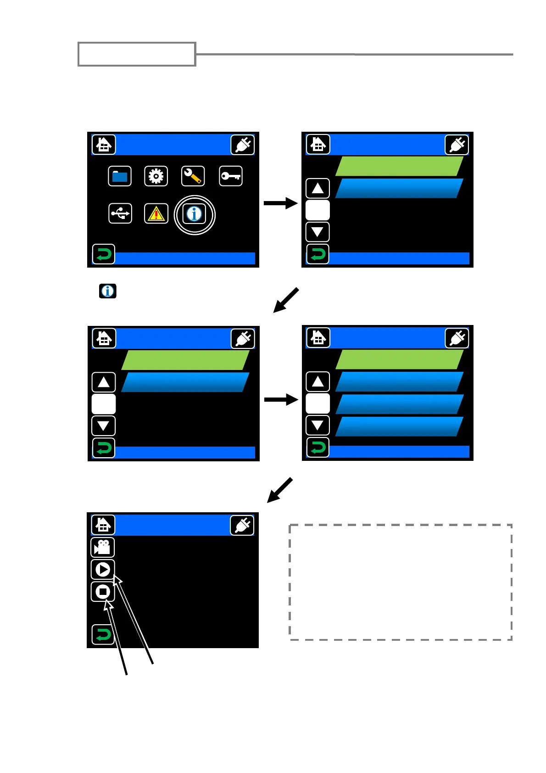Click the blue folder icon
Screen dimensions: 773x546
click(x=120, y=176)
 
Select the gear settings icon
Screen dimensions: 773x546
click(x=156, y=176)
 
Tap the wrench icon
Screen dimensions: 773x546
click(x=193, y=176)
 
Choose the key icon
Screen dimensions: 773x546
click(x=230, y=176)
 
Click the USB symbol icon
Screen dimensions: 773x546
click(x=120, y=213)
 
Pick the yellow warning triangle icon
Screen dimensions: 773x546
click(x=156, y=214)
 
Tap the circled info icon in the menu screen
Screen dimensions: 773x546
click(x=195, y=214)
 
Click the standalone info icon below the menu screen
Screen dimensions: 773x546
click(x=108, y=291)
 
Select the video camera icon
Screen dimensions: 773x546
click(x=103, y=547)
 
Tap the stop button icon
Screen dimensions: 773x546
click(x=103, y=592)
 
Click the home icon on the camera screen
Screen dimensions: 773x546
click(x=103, y=525)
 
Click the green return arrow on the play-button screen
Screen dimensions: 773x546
click(x=103, y=635)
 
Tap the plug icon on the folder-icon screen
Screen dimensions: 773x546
click(x=243, y=145)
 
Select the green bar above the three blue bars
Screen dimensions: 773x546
click(x=399, y=359)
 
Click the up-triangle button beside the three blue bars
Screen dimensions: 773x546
click(x=318, y=382)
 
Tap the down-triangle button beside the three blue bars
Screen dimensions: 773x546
click(x=318, y=426)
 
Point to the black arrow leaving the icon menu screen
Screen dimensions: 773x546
click(x=280, y=203)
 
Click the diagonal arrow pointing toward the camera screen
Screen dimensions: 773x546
click(x=280, y=490)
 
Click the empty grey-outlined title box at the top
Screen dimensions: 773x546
click(x=137, y=54)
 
